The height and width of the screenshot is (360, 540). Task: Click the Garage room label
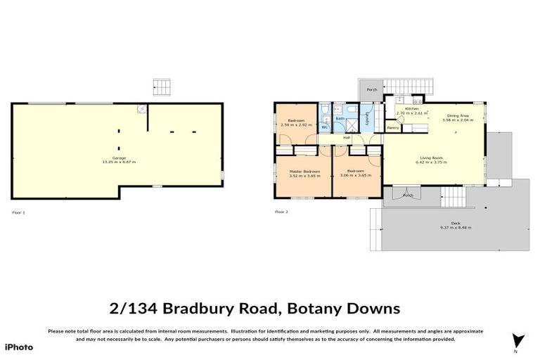point(117,158)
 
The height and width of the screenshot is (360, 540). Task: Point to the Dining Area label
point(458,115)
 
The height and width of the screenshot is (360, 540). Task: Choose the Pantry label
point(393,128)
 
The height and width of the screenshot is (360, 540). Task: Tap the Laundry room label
point(367,117)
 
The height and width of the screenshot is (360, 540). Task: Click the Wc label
point(325,127)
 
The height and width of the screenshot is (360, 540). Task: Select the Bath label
point(340,118)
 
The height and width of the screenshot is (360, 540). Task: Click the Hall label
point(346,137)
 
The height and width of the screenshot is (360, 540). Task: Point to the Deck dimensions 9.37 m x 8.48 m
point(455,227)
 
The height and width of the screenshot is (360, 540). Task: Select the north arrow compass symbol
point(519,340)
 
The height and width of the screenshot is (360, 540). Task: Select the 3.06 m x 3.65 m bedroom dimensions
point(354,175)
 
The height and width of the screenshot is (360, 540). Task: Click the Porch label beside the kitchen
point(371,89)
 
